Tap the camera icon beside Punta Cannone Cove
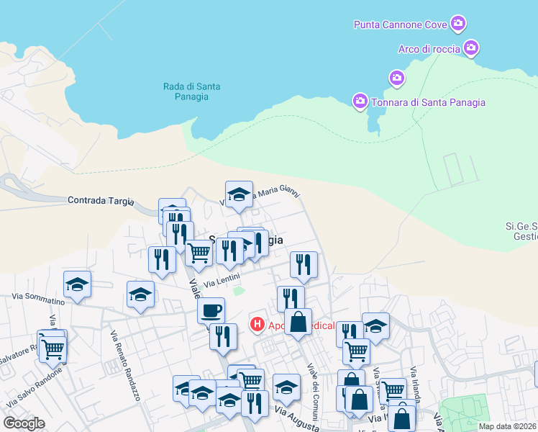tap(458, 24)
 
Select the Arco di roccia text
tap(429, 49)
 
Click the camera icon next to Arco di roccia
tap(471, 48)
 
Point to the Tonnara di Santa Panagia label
tap(428, 102)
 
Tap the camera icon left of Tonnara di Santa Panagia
tap(360, 102)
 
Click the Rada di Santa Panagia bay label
tap(191, 92)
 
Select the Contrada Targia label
tap(101, 201)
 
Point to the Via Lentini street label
tap(222, 281)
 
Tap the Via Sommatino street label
tap(38, 298)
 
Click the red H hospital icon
tap(256, 325)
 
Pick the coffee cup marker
tap(211, 310)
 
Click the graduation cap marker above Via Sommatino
tap(77, 284)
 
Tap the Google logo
tap(24, 423)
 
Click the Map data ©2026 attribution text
tap(506, 426)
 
